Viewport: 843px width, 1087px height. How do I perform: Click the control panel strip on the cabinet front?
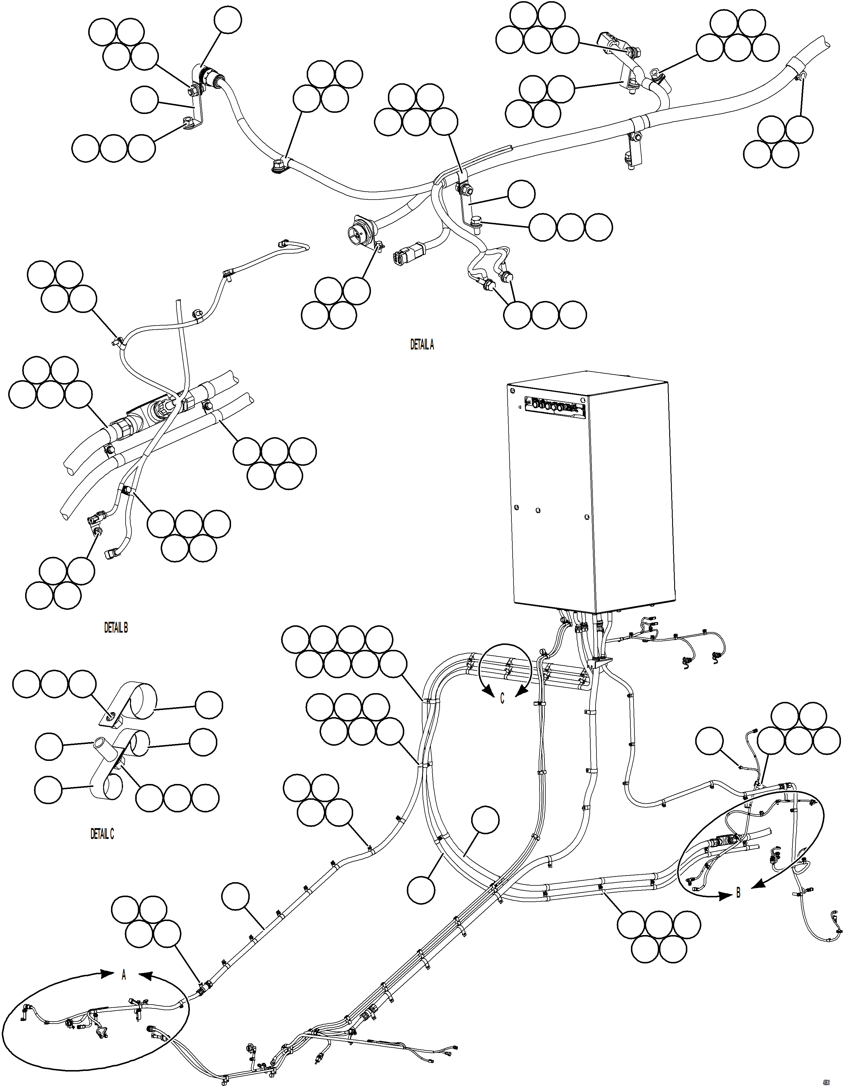coord(554,406)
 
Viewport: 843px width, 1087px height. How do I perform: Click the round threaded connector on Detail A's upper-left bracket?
coord(211,78)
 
